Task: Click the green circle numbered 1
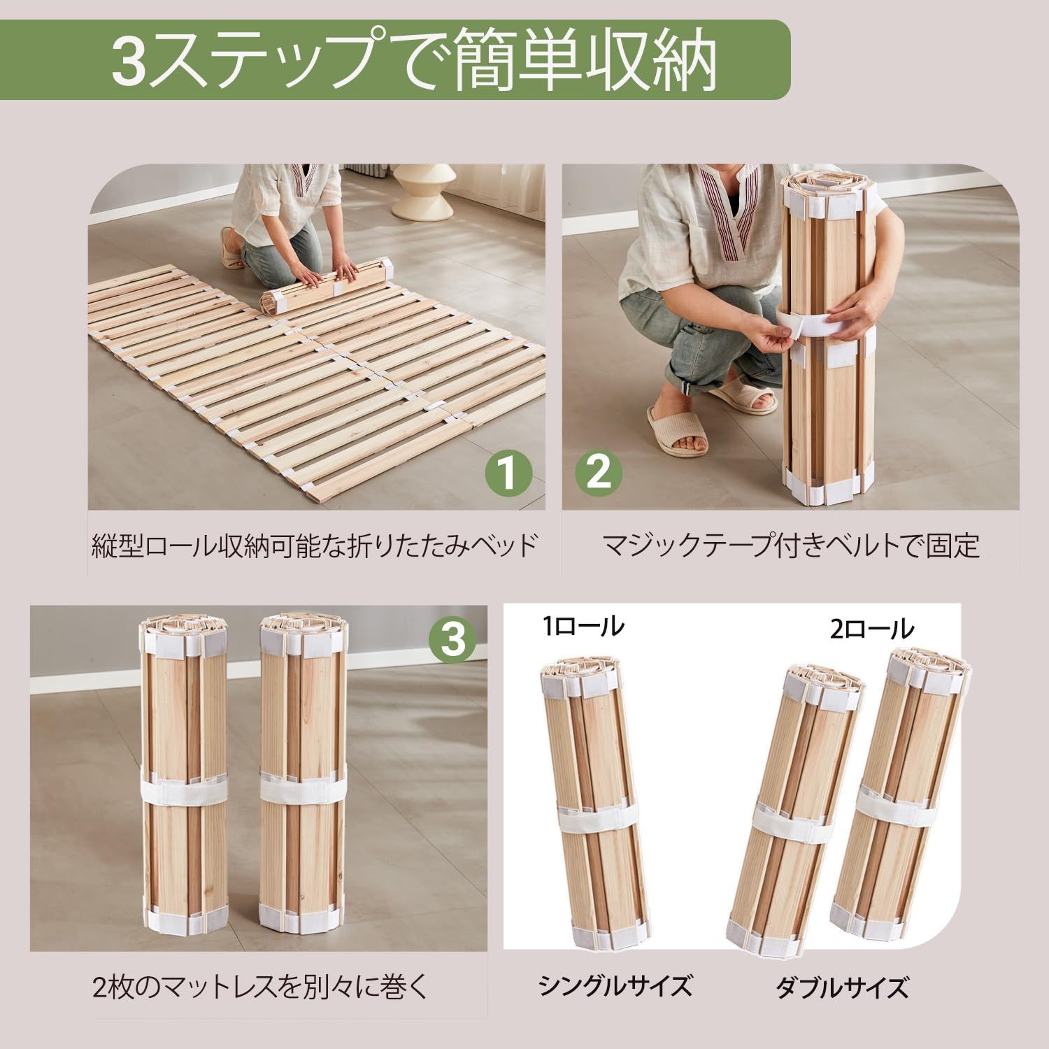[x=508, y=473]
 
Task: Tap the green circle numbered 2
[x=598, y=473]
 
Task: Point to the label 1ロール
[x=584, y=627]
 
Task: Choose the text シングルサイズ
[x=615, y=986]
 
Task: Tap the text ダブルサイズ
[x=842, y=988]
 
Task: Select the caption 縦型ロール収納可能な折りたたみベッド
[x=315, y=545]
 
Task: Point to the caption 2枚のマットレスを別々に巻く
[x=259, y=987]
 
